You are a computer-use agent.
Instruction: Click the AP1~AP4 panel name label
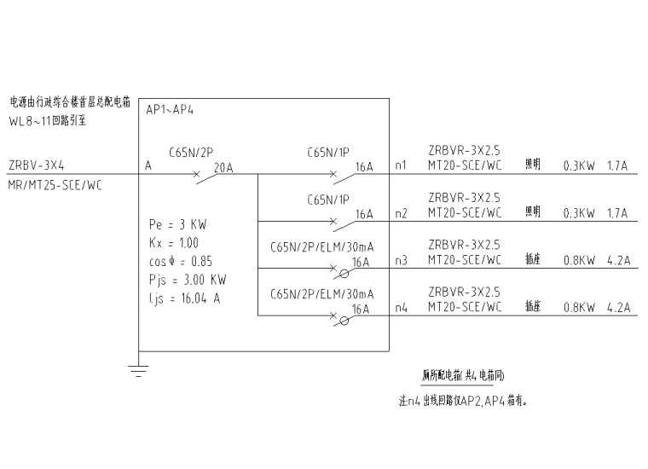click(x=171, y=110)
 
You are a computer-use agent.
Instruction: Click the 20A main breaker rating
click(x=223, y=167)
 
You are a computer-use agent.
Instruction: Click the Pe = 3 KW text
click(x=176, y=225)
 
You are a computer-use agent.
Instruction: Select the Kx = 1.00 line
click(x=174, y=243)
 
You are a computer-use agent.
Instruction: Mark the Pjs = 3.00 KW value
click(x=188, y=279)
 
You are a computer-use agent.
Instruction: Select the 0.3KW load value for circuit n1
click(x=579, y=167)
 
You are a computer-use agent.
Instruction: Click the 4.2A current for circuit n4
click(x=617, y=309)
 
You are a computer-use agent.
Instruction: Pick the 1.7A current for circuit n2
click(x=617, y=214)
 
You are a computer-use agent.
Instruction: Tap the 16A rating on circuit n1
click(x=364, y=167)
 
